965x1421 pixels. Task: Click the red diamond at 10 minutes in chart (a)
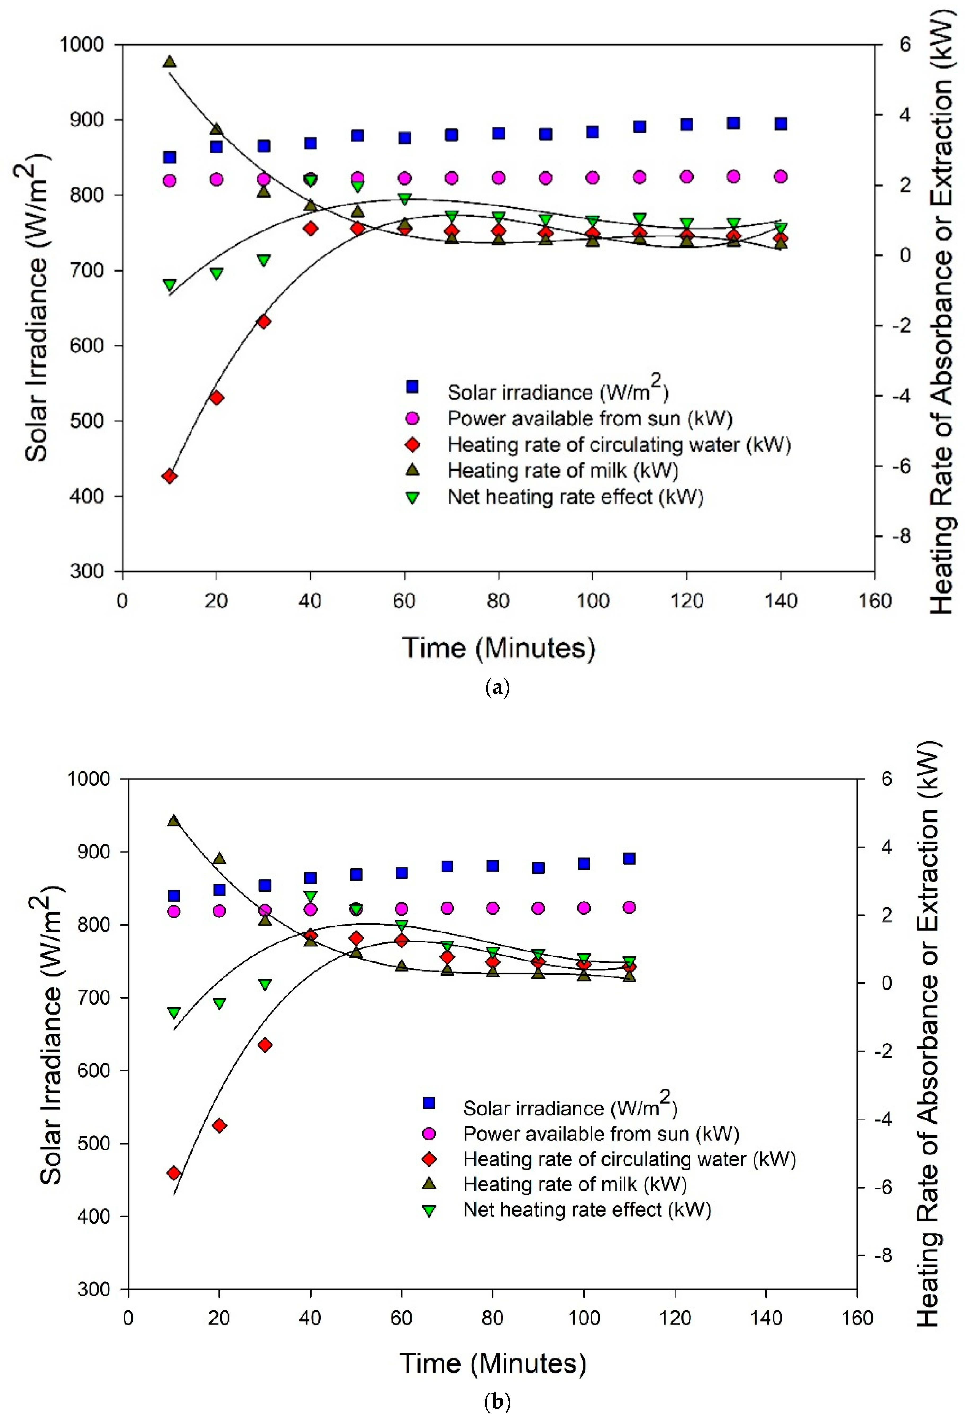coord(169,476)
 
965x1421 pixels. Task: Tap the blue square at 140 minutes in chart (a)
coord(780,123)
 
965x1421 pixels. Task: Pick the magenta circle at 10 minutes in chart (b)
coord(174,911)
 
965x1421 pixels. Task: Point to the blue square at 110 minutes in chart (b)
coord(629,858)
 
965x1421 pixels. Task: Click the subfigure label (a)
coord(497,688)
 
